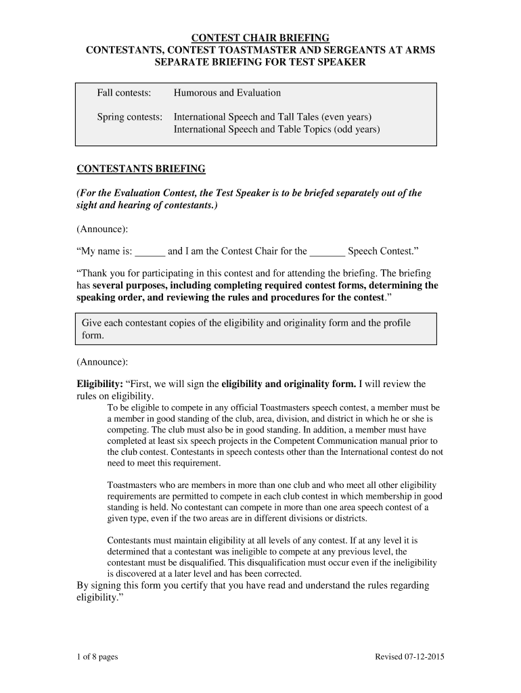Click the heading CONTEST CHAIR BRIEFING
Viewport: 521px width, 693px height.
pos(260,37)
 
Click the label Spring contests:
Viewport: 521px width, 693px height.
pos(129,117)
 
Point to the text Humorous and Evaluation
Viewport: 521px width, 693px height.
pos(227,93)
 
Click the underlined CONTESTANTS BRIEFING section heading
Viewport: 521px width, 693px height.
pos(141,168)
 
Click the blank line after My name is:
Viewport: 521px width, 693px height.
pos(150,252)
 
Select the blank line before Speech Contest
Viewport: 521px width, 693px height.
pos(327,252)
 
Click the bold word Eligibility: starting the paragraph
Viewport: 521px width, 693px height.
pos(99,384)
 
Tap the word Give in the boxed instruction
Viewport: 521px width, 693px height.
pos(92,323)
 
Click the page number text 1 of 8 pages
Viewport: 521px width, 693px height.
pos(97,657)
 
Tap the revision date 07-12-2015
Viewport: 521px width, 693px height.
pos(422,657)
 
